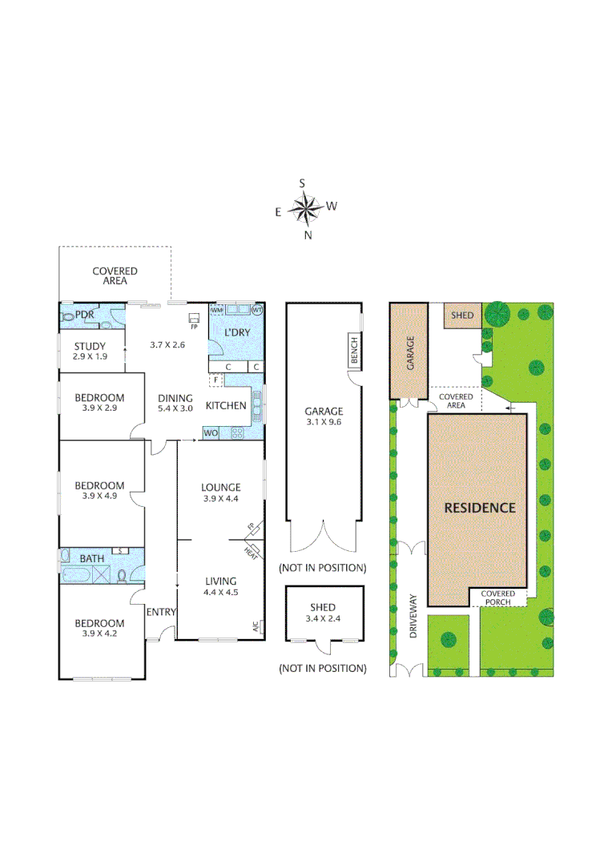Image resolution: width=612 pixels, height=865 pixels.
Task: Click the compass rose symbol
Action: click(x=305, y=209)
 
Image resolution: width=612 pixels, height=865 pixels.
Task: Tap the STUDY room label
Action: click(x=90, y=346)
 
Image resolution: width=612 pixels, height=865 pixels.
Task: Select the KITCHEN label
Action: click(x=226, y=405)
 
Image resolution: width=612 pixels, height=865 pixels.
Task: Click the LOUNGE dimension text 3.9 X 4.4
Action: click(x=220, y=498)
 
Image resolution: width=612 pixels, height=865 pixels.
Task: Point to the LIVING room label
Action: click(x=220, y=581)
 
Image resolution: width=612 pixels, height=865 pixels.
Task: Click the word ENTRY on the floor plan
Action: click(x=161, y=612)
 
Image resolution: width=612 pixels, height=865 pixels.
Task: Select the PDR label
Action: click(x=85, y=315)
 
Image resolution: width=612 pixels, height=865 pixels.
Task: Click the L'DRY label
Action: click(x=237, y=332)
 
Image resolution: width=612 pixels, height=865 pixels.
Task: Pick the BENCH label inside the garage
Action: click(x=354, y=350)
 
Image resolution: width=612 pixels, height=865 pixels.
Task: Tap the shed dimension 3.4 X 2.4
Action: click(x=324, y=618)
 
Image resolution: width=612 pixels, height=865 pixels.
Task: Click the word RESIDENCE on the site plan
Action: click(x=480, y=507)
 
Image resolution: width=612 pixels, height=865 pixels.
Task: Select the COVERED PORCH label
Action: click(x=502, y=597)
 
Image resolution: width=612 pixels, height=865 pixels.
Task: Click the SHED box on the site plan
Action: click(x=462, y=316)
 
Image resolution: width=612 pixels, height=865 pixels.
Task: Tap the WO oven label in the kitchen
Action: click(x=211, y=432)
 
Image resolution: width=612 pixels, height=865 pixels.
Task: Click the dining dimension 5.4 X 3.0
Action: click(x=175, y=408)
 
